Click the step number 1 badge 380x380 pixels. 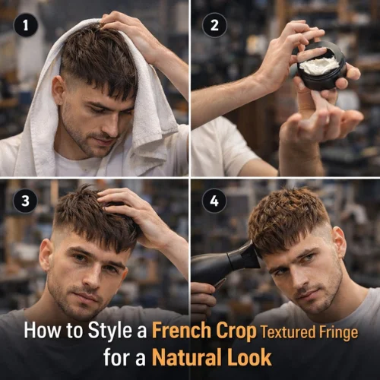pyautogui.click(x=25, y=25)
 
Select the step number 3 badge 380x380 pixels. pyautogui.click(x=25, y=201)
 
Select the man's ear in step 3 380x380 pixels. pyautogui.click(x=46, y=255)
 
